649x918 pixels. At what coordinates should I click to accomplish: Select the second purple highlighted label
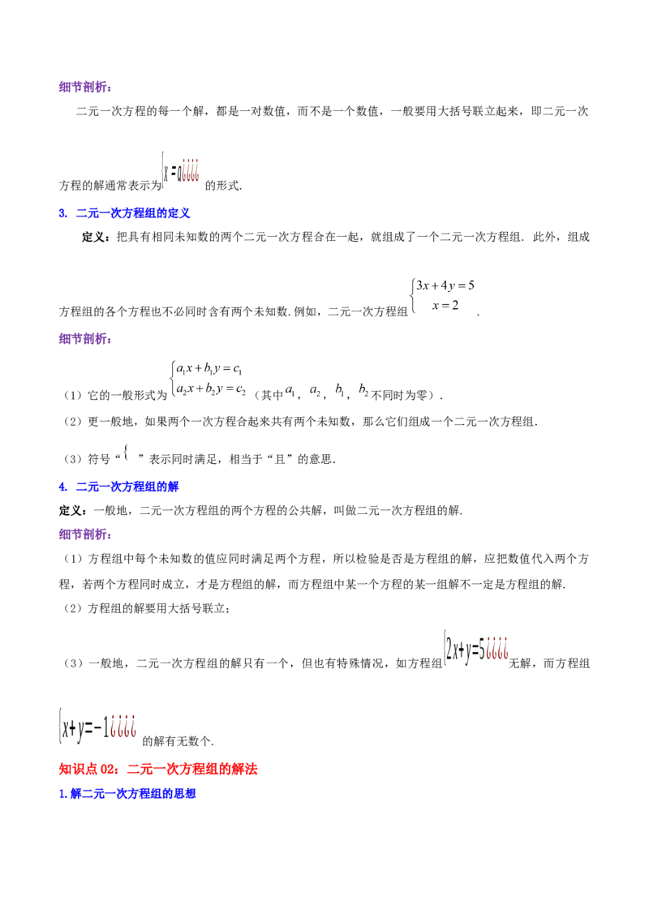coord(86,340)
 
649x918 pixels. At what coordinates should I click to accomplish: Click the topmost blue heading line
coord(126,213)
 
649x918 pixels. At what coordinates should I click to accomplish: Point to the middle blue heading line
coord(120,487)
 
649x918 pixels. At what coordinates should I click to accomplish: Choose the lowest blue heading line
coord(128,794)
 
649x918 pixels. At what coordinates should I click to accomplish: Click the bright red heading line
coord(158,769)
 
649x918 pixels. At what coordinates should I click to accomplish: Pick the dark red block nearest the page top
coord(191,169)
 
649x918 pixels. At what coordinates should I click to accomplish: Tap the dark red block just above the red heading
coord(122,726)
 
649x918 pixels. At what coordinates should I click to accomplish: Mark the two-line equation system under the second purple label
coord(208,380)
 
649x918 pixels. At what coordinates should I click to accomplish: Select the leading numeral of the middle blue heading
coord(62,487)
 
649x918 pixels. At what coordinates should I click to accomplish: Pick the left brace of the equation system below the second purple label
coord(172,380)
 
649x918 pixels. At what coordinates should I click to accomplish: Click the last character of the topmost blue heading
coord(187,213)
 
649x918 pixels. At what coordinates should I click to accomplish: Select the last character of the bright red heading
coord(253,769)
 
